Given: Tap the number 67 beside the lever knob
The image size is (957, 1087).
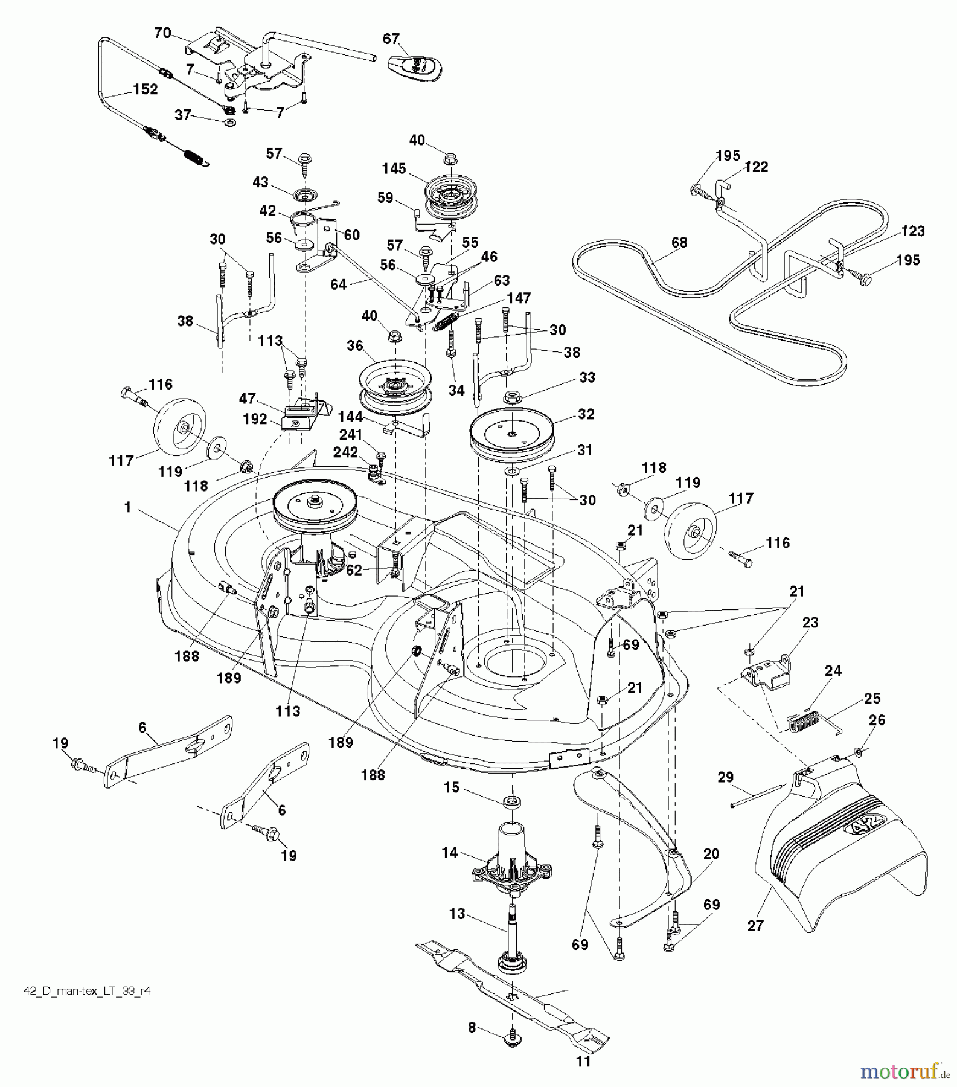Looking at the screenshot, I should click(x=391, y=39).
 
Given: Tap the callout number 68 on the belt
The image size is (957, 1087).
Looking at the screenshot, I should click(x=679, y=243).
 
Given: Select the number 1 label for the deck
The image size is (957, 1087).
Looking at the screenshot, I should click(x=127, y=508).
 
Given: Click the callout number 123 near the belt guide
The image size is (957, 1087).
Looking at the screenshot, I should click(x=913, y=231).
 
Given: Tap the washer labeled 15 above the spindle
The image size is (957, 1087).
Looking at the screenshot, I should click(x=513, y=801).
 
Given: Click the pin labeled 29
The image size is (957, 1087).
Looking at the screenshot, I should click(x=758, y=795).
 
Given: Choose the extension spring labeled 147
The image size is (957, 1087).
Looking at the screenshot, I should click(x=449, y=321).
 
